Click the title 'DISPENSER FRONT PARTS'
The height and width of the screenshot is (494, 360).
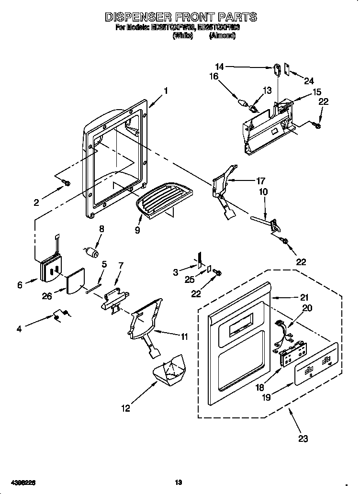point(180,17)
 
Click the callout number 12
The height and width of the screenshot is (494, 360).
point(125,408)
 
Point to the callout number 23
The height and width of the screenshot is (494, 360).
point(303,438)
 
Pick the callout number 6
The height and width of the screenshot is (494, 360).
point(20,285)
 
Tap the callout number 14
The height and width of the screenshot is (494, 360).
point(219,67)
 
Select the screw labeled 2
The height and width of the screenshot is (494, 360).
point(67,182)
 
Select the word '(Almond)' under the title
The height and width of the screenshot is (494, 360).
point(222,35)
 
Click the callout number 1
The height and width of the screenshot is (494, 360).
point(166,90)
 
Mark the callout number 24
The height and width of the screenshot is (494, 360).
point(309,80)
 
